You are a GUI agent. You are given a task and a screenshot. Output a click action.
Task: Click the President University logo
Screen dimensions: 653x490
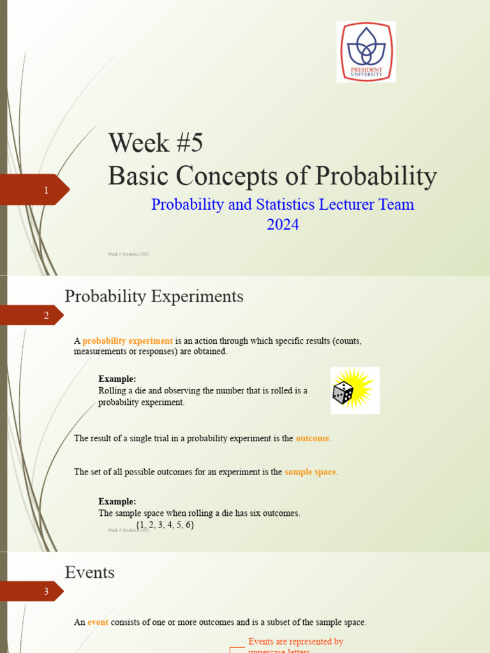(x=366, y=52)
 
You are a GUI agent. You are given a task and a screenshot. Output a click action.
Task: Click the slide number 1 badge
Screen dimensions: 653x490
(x=45, y=190)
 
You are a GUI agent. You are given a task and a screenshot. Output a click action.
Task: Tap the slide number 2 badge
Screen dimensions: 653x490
(x=45, y=315)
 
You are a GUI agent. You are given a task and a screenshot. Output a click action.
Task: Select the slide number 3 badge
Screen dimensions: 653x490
(x=45, y=592)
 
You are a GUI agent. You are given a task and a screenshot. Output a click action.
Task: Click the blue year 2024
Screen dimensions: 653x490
(x=282, y=224)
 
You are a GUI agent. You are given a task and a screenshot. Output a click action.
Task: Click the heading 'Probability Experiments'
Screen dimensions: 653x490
(x=154, y=297)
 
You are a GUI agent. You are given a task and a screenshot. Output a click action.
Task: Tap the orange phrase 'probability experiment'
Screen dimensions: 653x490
(x=128, y=341)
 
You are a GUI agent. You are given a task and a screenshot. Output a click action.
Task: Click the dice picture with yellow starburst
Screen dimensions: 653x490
(x=355, y=390)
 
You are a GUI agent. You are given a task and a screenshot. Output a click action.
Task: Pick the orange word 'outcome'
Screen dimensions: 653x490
(x=313, y=439)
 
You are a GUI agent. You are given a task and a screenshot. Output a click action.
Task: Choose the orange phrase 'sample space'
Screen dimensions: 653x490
(x=310, y=472)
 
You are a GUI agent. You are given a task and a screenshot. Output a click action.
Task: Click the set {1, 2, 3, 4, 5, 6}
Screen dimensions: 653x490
(x=165, y=525)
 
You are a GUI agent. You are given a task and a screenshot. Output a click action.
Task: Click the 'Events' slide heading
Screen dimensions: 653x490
(x=90, y=572)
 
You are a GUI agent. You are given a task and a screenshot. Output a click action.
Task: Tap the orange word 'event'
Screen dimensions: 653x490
(x=98, y=622)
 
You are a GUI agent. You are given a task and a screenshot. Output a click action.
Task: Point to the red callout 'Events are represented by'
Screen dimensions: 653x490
(x=296, y=642)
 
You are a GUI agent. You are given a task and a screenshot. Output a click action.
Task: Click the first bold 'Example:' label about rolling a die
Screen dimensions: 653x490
(x=117, y=379)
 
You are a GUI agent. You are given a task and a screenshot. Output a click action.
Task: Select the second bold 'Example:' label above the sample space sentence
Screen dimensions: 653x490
(x=117, y=501)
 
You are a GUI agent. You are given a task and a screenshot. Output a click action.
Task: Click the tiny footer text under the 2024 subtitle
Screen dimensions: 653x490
(x=129, y=254)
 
